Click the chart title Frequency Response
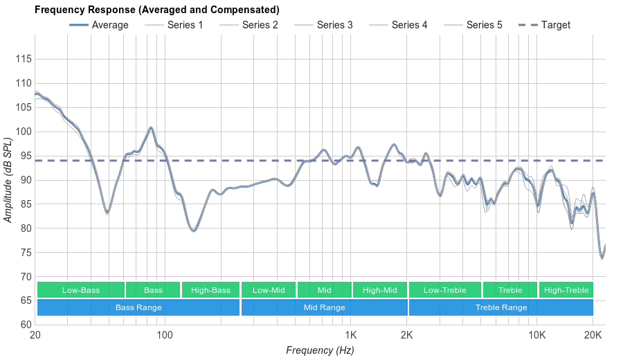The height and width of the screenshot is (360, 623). tap(157, 10)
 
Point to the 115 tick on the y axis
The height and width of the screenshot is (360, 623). tap(24, 60)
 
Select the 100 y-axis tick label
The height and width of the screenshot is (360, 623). tap(24, 132)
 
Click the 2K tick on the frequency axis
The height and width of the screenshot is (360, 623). tap(407, 334)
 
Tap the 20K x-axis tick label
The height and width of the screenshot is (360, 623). tap(593, 334)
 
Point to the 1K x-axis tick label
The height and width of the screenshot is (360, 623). tap(351, 334)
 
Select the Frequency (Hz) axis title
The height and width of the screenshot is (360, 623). tap(320, 350)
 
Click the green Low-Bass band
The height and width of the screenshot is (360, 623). tap(81, 290)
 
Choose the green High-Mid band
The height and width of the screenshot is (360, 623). tap(380, 290)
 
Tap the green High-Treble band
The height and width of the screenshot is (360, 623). tap(566, 290)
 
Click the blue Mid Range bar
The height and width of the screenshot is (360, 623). tap(324, 307)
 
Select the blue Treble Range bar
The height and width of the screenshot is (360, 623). tap(501, 307)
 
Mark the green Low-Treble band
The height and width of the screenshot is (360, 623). tap(445, 290)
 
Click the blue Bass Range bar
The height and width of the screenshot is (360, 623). tap(138, 307)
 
